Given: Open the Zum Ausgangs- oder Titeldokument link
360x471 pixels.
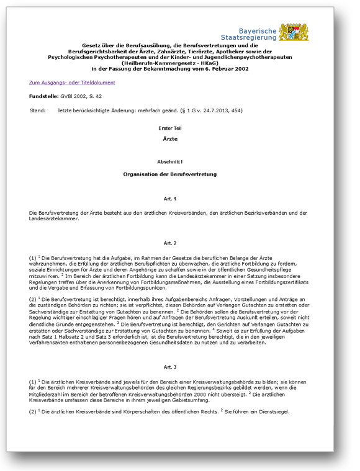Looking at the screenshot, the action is pyautogui.click(x=71, y=83).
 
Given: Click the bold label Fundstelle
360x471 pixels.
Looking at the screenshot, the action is pyautogui.click(x=43, y=97).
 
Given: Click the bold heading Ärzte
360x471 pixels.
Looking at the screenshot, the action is pyautogui.click(x=170, y=139).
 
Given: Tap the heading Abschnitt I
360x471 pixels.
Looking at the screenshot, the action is pyautogui.click(x=170, y=161).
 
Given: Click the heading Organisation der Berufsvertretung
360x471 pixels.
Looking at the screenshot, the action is pyautogui.click(x=170, y=174).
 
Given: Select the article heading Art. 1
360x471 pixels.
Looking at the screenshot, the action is pyautogui.click(x=170, y=199).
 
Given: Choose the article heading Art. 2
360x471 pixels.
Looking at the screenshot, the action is pyautogui.click(x=170, y=243).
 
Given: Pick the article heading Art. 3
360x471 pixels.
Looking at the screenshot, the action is pyautogui.click(x=170, y=367).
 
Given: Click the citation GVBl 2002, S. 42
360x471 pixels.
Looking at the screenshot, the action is pyautogui.click(x=81, y=97).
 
